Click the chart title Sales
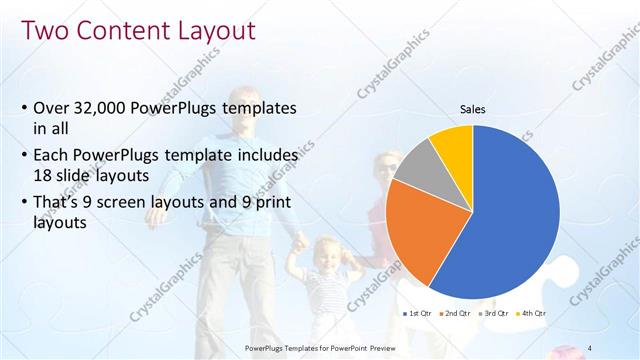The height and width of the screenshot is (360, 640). click(473, 109)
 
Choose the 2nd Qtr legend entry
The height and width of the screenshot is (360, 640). click(455, 313)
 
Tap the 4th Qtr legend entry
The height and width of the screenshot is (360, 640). click(530, 313)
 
